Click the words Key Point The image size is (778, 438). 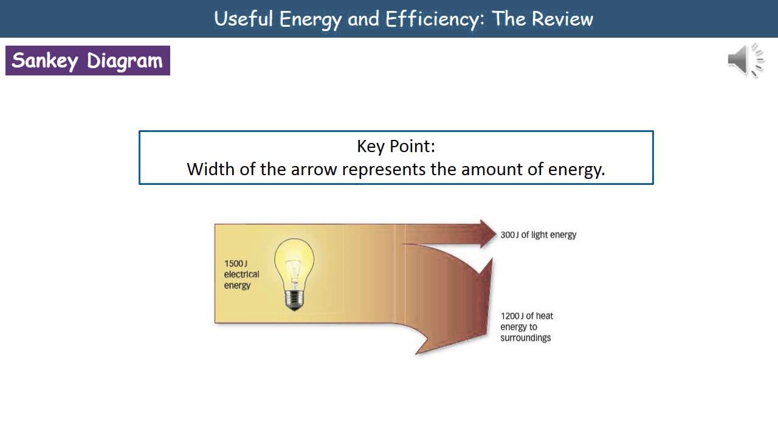coord(396,147)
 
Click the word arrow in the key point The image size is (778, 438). coord(314,169)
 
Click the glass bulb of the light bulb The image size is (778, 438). coord(294,262)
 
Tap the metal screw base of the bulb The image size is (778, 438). coord(294,300)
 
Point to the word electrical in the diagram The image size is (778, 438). coord(242,274)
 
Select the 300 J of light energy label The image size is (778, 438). coord(538,235)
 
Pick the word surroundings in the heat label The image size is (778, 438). coord(526,338)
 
